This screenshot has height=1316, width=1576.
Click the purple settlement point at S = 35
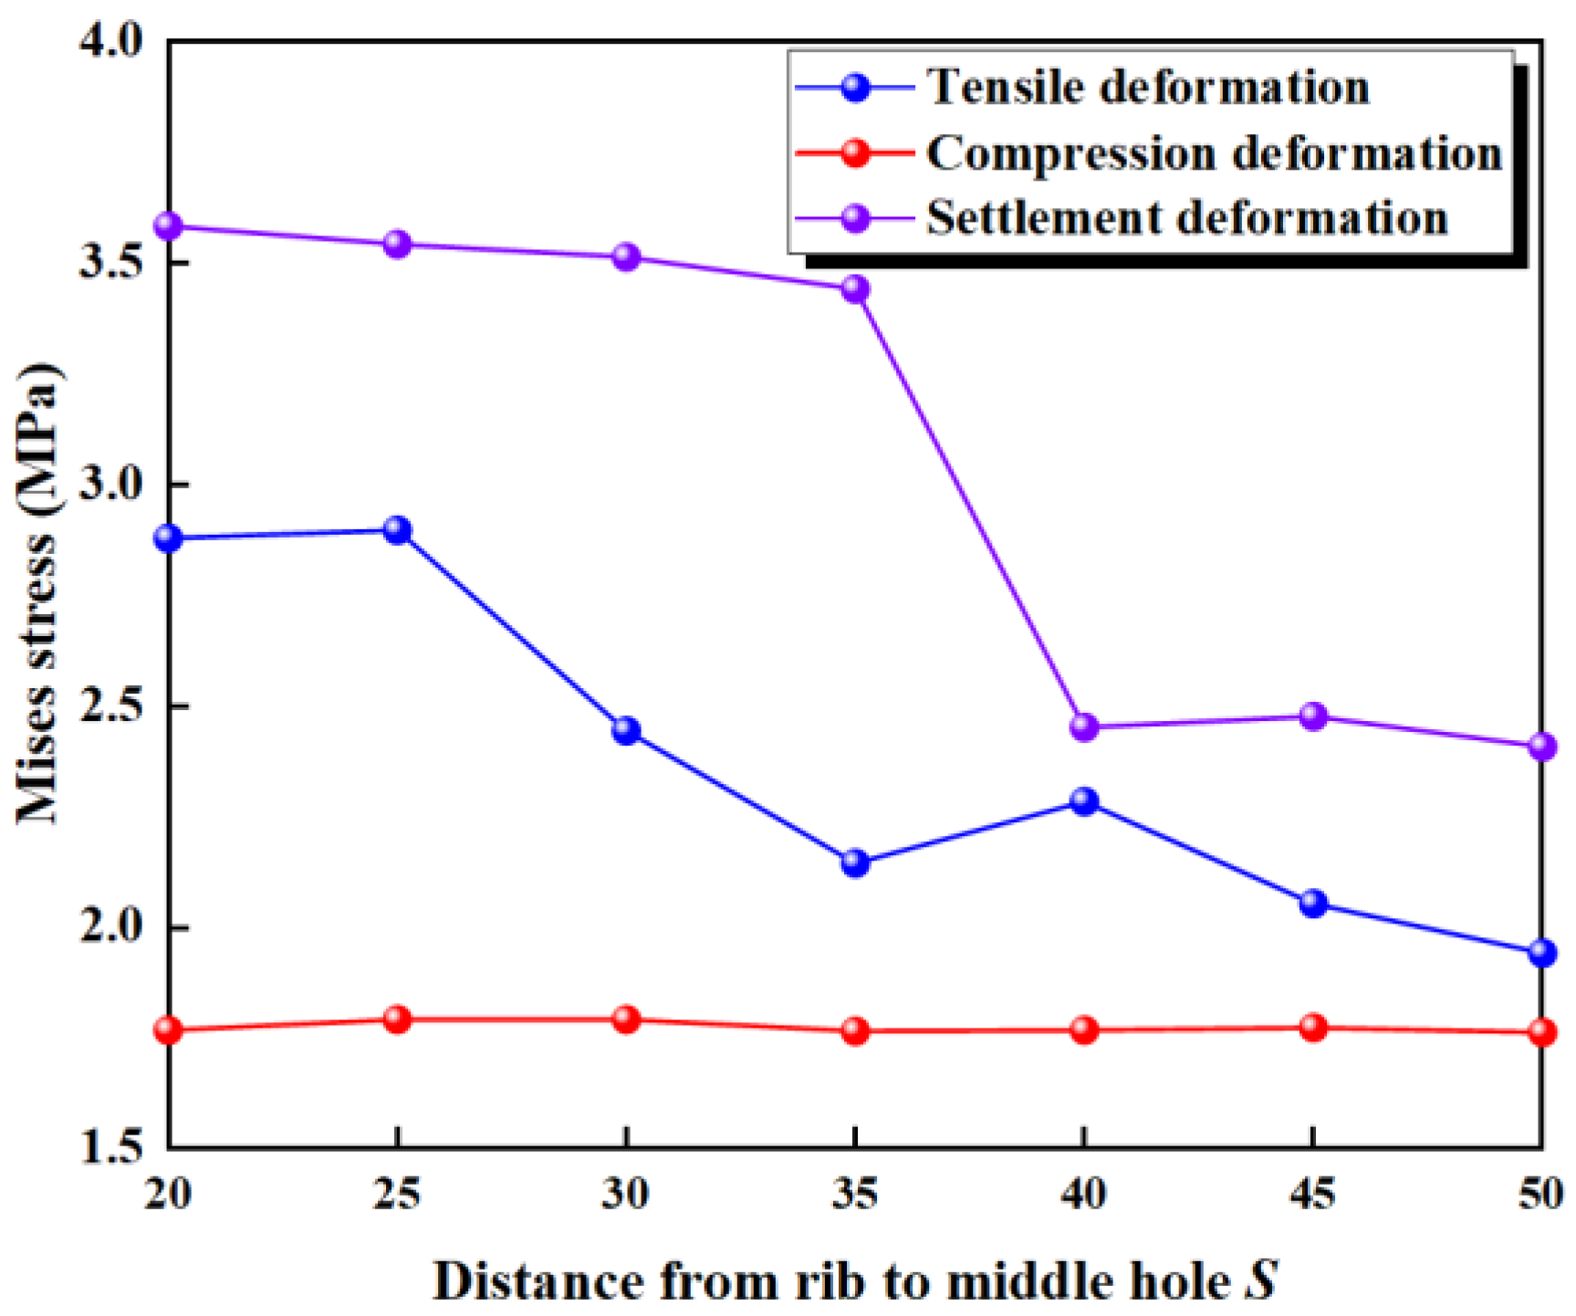[855, 289]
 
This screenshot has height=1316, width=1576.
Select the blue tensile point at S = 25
[397, 530]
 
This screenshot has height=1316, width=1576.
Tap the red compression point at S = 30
[626, 1019]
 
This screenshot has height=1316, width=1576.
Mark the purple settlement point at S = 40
[1084, 727]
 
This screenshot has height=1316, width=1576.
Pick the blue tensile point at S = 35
[855, 862]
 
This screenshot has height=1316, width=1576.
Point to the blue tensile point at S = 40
[1084, 802]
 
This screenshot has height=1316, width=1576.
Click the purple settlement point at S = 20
[169, 225]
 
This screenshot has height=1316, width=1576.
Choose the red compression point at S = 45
[1313, 1028]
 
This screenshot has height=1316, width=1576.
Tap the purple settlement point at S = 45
[1313, 715]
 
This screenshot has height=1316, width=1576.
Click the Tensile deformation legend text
[1148, 88]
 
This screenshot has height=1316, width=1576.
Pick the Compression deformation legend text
[1214, 152]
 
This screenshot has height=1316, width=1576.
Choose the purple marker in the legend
[855, 218]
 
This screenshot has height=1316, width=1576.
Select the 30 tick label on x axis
[626, 1193]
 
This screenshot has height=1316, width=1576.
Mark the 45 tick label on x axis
[1313, 1193]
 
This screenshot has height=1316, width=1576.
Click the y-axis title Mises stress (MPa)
[38, 593]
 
